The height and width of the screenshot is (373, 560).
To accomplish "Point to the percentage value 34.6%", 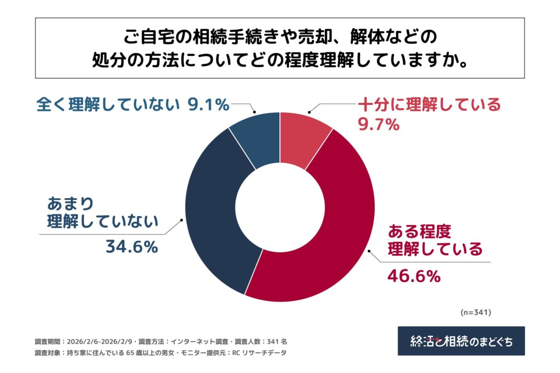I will pos(132,247).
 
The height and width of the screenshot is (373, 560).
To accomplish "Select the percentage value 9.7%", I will pos(378,124).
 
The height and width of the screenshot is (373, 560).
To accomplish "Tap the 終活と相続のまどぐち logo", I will pos(461,341).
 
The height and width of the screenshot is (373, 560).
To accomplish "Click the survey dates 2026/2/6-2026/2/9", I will pos(100,341).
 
